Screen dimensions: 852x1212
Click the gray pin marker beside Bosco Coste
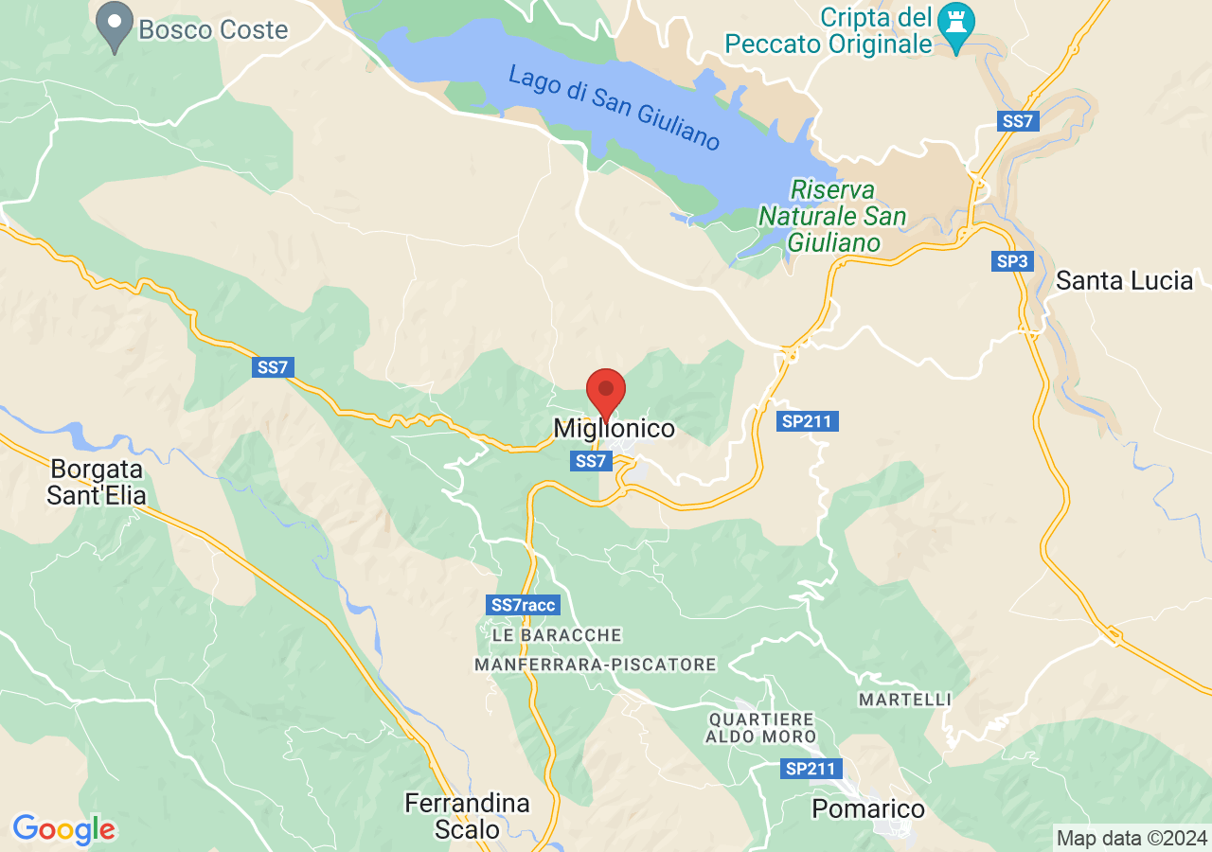(x=116, y=27)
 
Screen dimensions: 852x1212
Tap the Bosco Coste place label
(x=213, y=30)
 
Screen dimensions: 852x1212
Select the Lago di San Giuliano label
(x=614, y=107)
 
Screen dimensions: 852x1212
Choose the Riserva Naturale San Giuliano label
(x=833, y=216)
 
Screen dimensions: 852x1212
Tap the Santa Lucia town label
(x=1124, y=280)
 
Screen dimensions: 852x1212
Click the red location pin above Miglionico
(x=606, y=391)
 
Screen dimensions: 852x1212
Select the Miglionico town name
(x=615, y=429)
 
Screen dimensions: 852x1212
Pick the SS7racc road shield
(x=525, y=604)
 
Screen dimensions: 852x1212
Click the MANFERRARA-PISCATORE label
(x=595, y=666)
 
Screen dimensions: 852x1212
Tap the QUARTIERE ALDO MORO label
(x=761, y=727)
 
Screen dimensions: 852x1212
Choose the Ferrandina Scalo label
(x=467, y=816)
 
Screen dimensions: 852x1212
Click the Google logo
(x=63, y=829)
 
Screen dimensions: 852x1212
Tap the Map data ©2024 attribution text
(x=1132, y=838)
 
